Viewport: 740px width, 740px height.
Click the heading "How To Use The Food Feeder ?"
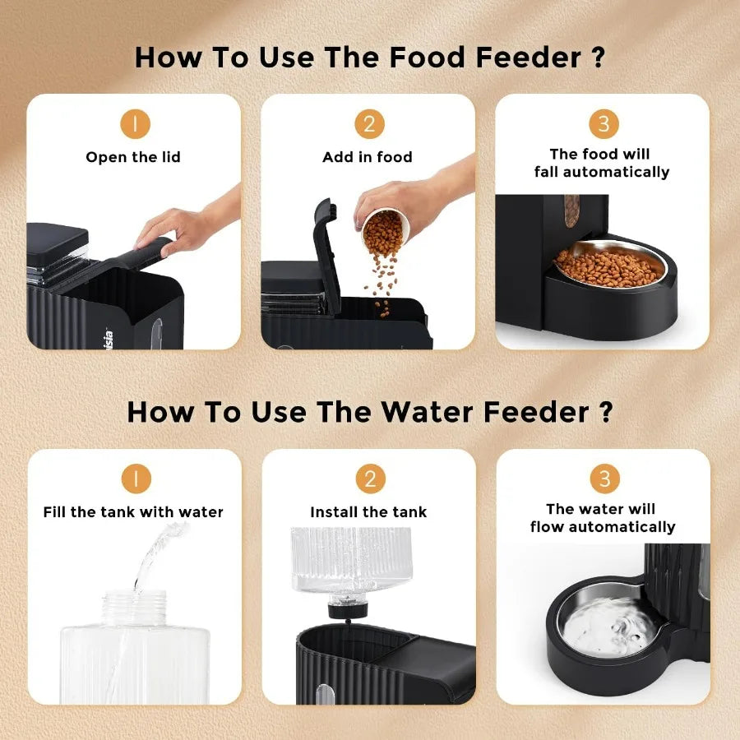[369, 58]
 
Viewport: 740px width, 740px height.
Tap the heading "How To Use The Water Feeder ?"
[369, 412]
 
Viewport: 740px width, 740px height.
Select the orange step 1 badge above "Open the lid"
[135, 124]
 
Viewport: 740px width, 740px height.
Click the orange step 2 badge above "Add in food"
[369, 124]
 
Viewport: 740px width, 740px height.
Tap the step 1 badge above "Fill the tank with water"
[135, 479]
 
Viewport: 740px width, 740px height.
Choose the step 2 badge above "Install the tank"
[369, 479]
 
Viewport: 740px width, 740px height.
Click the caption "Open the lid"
[133, 157]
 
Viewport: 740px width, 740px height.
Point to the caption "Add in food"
[368, 157]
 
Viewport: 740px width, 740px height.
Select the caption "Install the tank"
[368, 512]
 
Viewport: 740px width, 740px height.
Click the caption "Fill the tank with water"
[133, 512]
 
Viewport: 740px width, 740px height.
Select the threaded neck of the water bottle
[136, 606]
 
